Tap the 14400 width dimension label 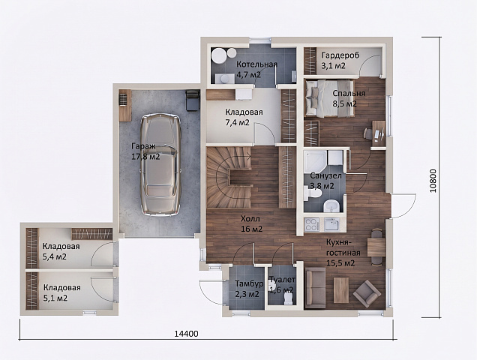(x=186, y=334)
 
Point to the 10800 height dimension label (x=433, y=181)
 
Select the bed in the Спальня (x=329, y=98)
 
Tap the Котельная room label (x=256, y=64)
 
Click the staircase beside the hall (x=229, y=177)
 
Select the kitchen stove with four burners (x=311, y=224)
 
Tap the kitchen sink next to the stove (x=331, y=224)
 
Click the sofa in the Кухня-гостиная (x=315, y=288)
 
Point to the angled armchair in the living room (x=367, y=293)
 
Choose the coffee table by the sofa (x=341, y=290)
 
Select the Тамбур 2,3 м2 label (x=249, y=289)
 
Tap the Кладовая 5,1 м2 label (x=62, y=292)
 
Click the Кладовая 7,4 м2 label (x=244, y=117)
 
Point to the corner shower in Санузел (x=316, y=160)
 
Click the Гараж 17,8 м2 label (x=145, y=151)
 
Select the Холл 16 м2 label (x=251, y=223)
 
